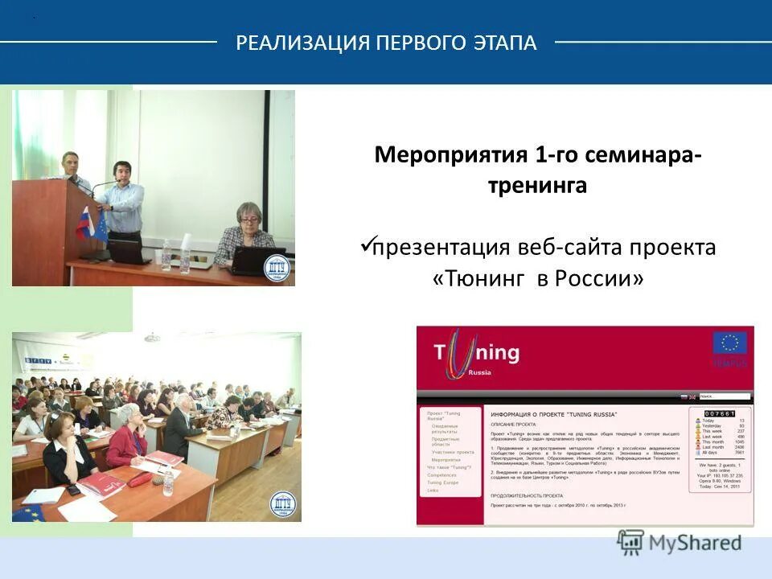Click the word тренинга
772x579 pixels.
coord(537,186)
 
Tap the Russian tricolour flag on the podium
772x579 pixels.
coord(84,223)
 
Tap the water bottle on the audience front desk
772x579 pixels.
coord(168,482)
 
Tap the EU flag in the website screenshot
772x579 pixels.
coord(729,343)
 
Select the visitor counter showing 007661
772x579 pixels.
coord(720,413)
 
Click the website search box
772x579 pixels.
coord(724,396)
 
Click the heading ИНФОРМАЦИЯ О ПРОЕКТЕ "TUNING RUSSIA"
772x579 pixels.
coord(553,414)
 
